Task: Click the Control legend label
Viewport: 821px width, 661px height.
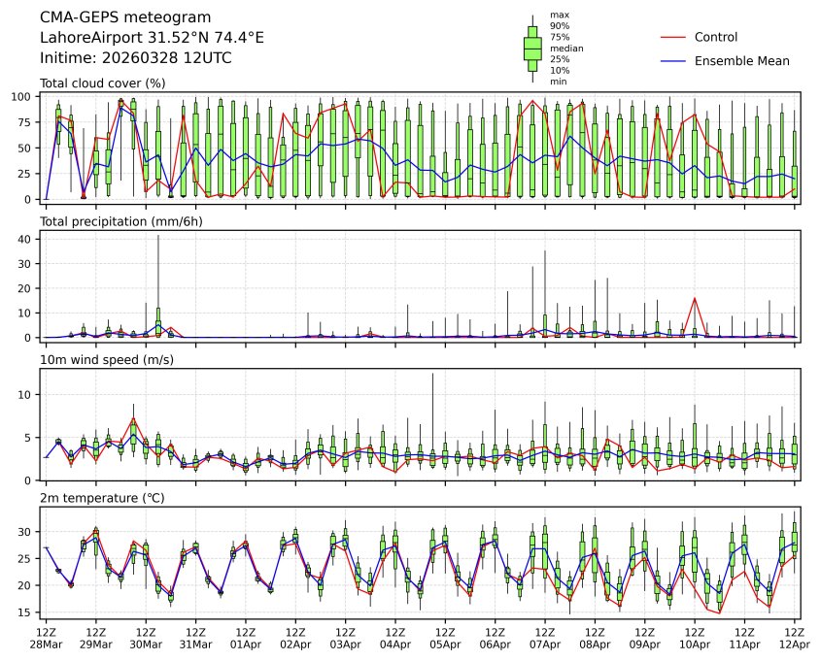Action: (716, 38)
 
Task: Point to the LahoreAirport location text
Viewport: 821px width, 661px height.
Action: (152, 38)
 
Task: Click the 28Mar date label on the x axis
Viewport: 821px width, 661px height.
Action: (46, 644)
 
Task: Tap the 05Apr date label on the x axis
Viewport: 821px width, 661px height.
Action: (445, 644)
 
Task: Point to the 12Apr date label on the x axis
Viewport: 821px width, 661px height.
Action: (795, 644)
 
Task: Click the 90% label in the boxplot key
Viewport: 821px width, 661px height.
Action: (560, 25)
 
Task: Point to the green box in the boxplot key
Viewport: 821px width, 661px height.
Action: (532, 48)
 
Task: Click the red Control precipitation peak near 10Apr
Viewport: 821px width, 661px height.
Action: (695, 299)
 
